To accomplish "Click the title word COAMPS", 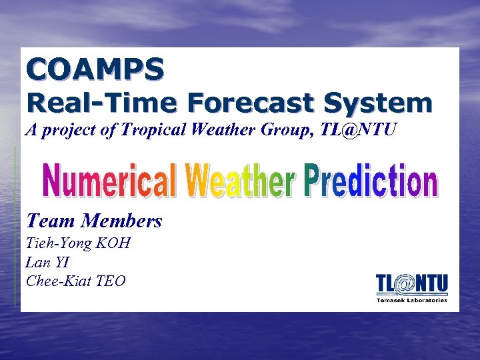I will tap(95, 69).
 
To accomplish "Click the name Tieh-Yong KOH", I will tap(77, 243).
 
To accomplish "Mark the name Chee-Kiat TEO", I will tap(75, 281).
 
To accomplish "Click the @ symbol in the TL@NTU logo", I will tap(405, 284).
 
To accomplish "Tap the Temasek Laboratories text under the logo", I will tap(412, 300).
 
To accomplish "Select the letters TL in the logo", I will tap(385, 283).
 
